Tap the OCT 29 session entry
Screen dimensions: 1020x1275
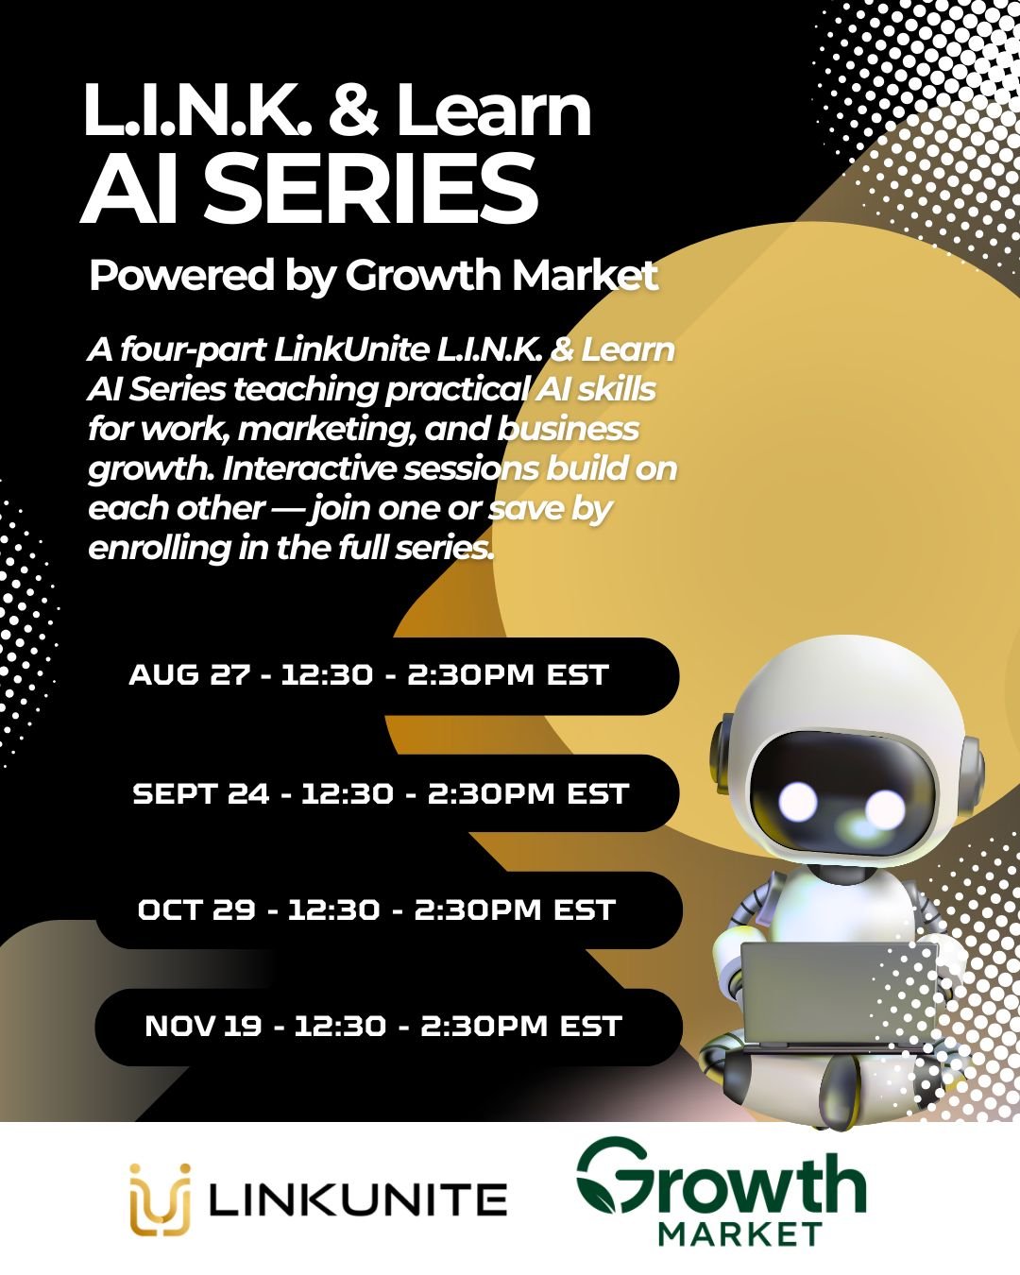click(388, 910)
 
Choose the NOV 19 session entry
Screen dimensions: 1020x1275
click(388, 1027)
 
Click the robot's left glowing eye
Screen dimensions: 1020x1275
click(798, 802)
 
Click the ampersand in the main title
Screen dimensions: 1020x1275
click(353, 111)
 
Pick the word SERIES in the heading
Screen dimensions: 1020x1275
click(371, 188)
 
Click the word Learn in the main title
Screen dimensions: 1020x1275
click(493, 111)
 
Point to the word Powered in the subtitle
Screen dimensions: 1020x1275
click(182, 276)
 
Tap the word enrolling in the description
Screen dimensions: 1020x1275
click(159, 548)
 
